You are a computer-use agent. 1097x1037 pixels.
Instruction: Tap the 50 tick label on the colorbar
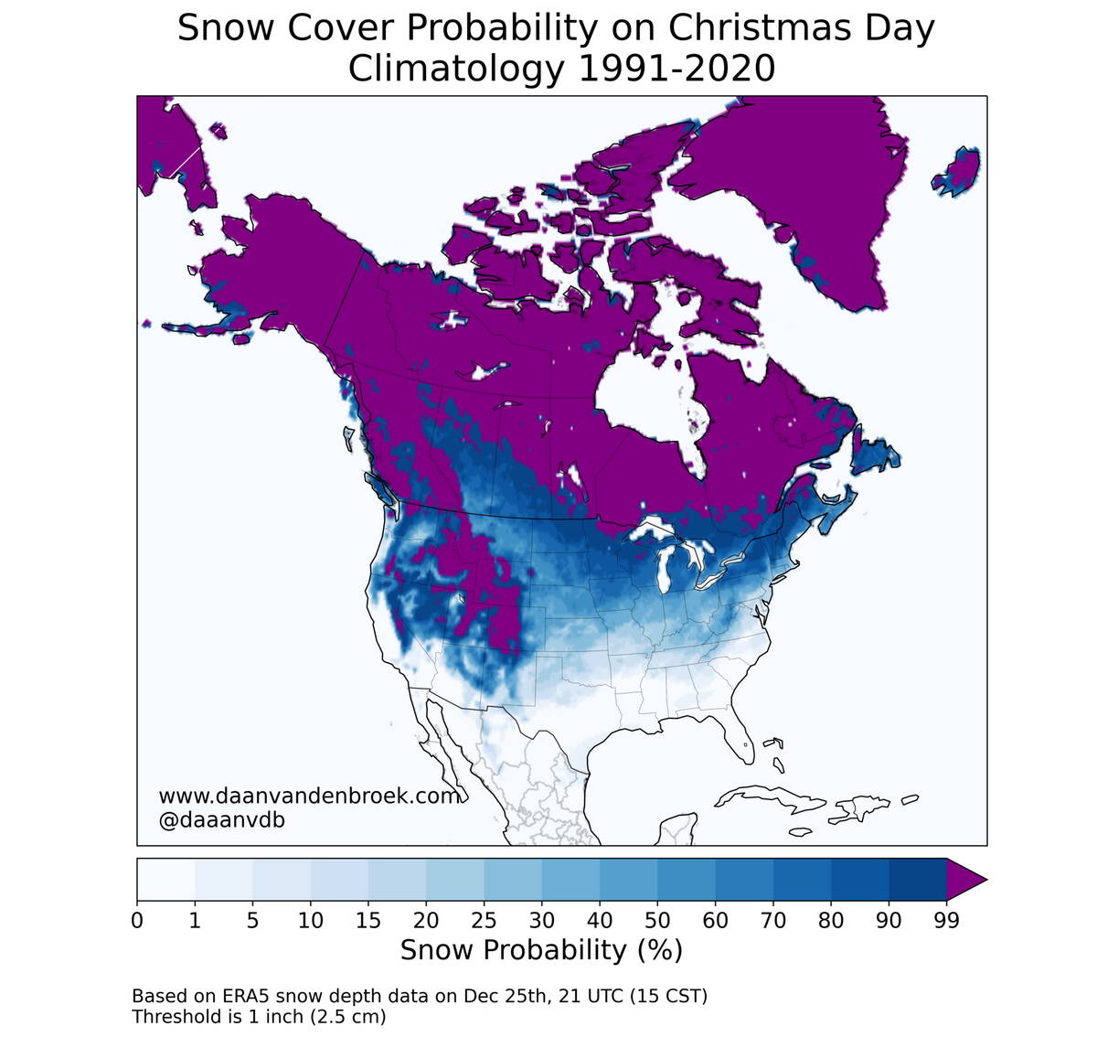point(657,921)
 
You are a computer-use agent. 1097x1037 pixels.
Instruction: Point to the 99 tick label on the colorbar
point(946,921)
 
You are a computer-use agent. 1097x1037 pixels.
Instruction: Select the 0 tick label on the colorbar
point(137,921)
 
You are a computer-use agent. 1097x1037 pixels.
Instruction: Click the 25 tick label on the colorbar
point(484,921)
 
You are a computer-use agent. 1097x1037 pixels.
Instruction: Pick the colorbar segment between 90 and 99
point(917,880)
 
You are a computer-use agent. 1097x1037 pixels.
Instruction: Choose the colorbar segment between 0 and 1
point(165,880)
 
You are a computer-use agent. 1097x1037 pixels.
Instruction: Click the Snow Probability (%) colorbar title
point(541,950)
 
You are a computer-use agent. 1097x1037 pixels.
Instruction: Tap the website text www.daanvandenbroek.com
point(309,796)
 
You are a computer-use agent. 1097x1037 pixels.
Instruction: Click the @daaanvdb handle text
point(221,820)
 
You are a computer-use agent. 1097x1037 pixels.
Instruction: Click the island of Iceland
point(956,171)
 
